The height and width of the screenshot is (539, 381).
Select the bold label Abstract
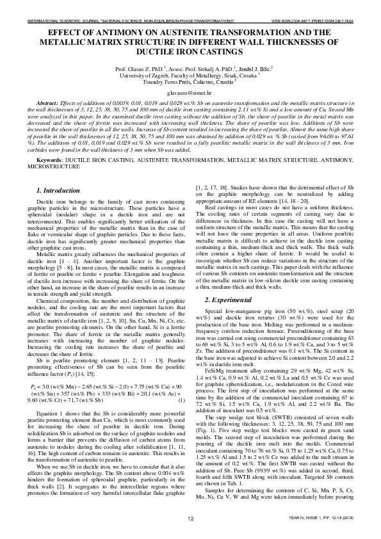(47, 103)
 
